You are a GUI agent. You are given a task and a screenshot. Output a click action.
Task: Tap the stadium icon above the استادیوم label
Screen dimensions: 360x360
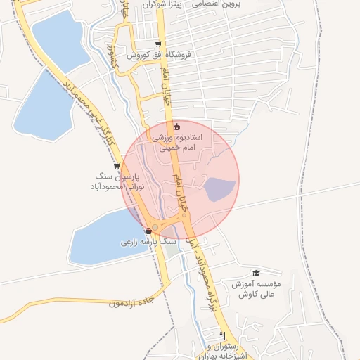[x=176, y=127]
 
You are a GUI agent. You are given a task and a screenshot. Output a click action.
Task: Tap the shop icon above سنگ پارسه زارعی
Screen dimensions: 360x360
[x=148, y=231]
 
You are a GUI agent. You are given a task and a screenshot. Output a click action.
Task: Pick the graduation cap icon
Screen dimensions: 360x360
[x=256, y=273]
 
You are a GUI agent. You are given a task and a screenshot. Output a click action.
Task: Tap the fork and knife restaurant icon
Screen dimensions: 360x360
[x=223, y=335]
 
